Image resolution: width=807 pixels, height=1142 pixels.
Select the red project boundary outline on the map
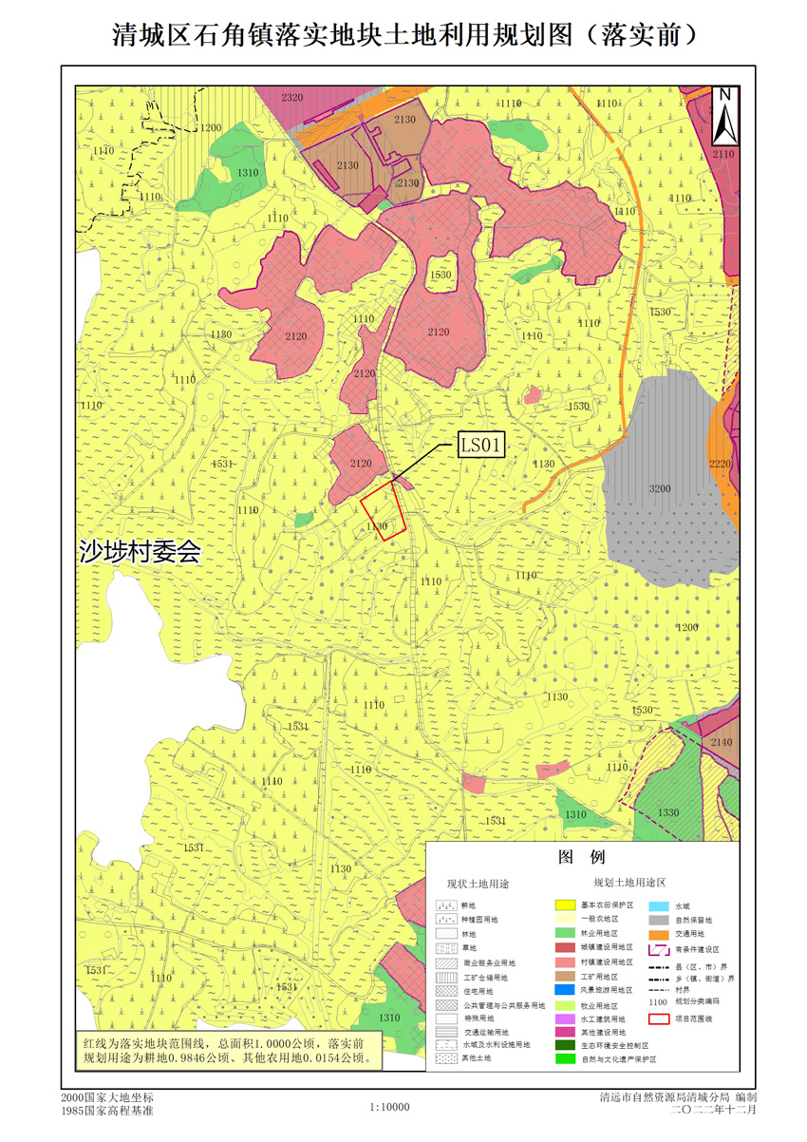point(383,511)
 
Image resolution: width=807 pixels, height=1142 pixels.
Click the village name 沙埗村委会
point(140,552)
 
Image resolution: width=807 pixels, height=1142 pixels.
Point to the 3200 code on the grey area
point(660,488)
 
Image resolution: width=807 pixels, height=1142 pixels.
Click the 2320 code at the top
point(292,98)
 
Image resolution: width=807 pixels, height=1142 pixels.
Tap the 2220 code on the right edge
point(720,463)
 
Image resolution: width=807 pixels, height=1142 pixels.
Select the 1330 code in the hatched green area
point(668,812)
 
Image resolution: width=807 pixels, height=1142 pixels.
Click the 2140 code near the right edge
point(722,742)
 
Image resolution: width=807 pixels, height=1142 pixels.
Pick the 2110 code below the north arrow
point(723,153)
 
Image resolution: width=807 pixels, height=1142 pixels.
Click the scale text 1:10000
point(389,1107)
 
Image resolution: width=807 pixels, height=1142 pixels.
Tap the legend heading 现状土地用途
point(479,884)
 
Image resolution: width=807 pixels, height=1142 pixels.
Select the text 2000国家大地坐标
point(106,1097)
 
